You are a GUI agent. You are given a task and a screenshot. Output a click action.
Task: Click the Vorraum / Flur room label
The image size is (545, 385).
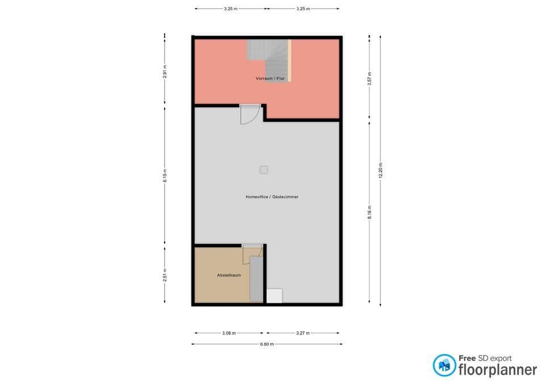270,78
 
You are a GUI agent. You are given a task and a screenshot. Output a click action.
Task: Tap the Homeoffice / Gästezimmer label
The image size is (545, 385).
272,197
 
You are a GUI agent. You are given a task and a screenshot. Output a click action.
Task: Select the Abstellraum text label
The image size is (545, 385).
229,275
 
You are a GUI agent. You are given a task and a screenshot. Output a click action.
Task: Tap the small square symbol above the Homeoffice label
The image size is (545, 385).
263,170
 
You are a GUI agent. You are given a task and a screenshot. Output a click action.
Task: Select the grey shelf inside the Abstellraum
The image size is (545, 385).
257,278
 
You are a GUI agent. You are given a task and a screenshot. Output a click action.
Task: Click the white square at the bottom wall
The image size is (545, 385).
274,295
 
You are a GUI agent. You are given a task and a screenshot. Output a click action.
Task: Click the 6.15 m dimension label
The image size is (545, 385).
165,176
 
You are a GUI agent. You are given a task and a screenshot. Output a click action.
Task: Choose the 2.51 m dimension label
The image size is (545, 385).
165,275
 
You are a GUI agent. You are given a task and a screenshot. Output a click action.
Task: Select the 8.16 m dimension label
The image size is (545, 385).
370,212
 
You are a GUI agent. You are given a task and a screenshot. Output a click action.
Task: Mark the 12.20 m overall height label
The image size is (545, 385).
380,170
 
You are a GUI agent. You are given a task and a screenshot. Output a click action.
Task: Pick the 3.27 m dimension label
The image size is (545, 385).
303,333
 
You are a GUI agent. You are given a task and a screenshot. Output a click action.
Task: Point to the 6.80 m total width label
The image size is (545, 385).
267,344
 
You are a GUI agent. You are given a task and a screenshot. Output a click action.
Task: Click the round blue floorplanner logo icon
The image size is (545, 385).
444,365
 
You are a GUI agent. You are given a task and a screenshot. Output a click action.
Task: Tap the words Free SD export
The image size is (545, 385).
485,358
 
